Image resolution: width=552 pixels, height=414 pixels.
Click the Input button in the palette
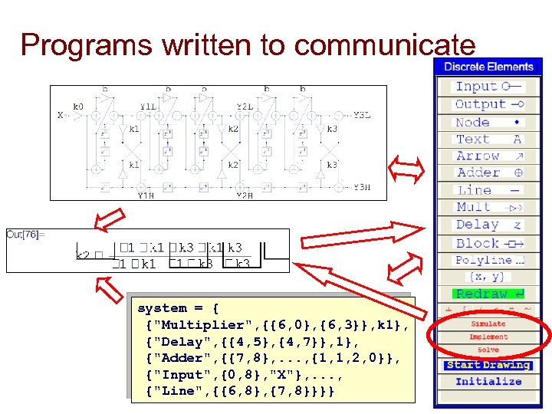(x=488, y=87)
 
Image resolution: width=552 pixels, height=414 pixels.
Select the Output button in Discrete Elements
(x=488, y=104)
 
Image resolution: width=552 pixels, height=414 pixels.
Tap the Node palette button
(x=488, y=122)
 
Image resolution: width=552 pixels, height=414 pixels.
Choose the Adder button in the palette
(x=488, y=173)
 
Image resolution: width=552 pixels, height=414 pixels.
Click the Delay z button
(x=488, y=225)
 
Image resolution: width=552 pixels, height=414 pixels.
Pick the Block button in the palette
(x=488, y=243)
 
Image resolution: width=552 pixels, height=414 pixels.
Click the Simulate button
(x=488, y=324)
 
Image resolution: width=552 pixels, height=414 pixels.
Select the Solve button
(x=488, y=350)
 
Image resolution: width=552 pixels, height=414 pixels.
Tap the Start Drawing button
(x=488, y=365)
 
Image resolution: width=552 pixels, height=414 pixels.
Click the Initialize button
(x=488, y=381)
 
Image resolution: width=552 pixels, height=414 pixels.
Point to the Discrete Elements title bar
(x=488, y=67)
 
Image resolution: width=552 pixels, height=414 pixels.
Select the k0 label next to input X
(x=78, y=107)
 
